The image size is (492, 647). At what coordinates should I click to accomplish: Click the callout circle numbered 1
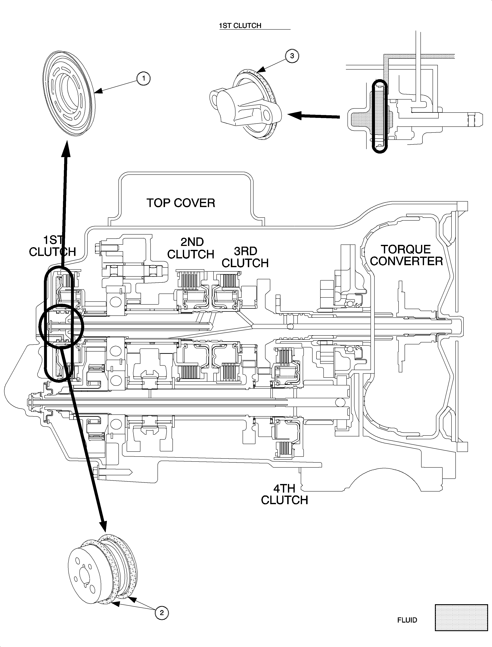click(x=143, y=78)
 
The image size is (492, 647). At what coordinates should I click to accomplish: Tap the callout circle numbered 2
click(x=162, y=612)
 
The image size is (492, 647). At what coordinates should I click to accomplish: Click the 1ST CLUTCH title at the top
click(x=240, y=26)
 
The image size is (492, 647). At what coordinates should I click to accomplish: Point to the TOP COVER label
click(x=181, y=203)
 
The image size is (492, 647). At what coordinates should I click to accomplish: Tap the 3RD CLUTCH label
click(x=245, y=257)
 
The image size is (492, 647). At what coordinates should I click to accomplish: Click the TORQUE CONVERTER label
click(x=406, y=255)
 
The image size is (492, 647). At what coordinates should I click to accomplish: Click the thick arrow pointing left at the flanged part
click(x=313, y=116)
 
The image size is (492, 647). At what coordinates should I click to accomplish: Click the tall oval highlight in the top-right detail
click(x=380, y=116)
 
